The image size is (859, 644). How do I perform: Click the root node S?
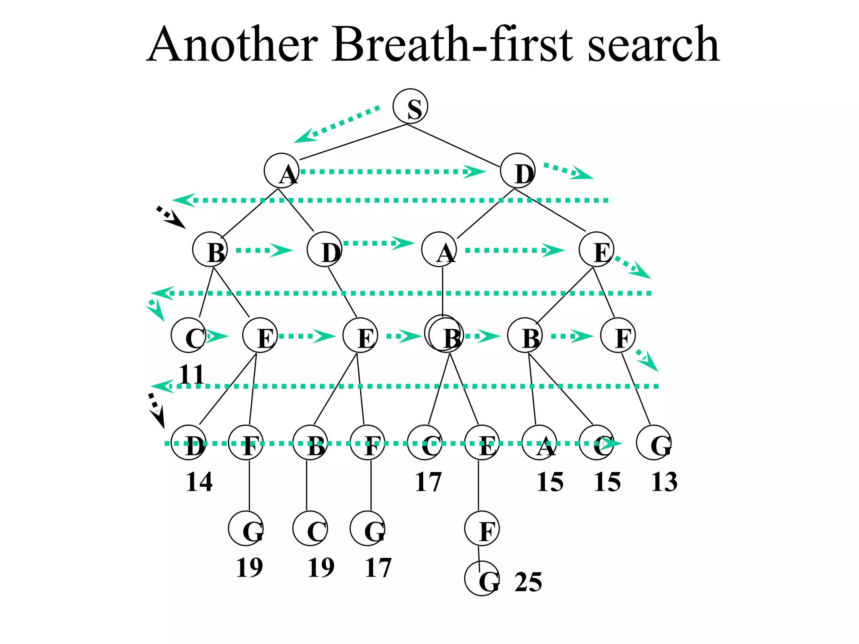click(410, 106)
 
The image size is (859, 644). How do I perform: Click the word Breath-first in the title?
click(452, 44)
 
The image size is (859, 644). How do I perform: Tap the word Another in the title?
click(232, 44)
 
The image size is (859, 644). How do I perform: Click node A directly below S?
click(281, 171)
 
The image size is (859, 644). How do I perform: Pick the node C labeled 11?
click(188, 335)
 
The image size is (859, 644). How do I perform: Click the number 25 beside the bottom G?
click(528, 582)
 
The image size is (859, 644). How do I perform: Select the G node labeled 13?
click(653, 443)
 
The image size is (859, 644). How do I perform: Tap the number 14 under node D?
click(199, 482)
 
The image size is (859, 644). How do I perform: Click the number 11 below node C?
click(191, 374)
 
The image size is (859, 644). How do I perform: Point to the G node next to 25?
click(482, 578)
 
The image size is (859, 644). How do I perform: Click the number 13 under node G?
click(664, 482)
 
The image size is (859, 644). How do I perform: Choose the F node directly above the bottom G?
click(482, 528)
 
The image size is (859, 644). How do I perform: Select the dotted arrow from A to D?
click(392, 171)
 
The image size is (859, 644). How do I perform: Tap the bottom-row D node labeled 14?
click(188, 443)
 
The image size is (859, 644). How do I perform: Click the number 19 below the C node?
click(321, 568)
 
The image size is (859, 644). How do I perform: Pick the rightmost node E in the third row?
click(596, 249)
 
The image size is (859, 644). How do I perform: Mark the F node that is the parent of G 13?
click(618, 335)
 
